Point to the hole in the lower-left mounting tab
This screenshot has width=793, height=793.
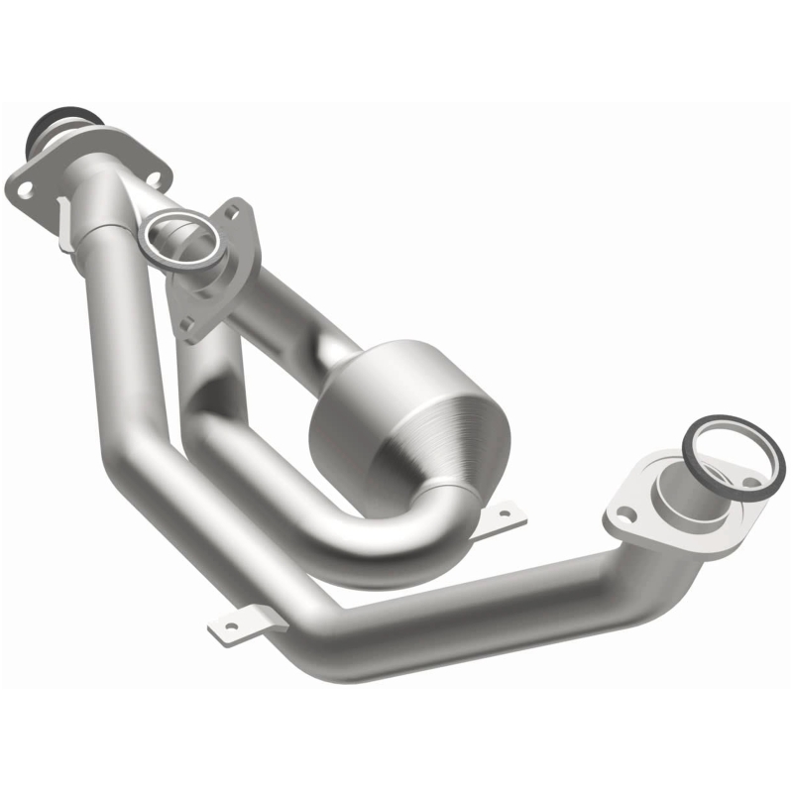pyautogui.click(x=230, y=625)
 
